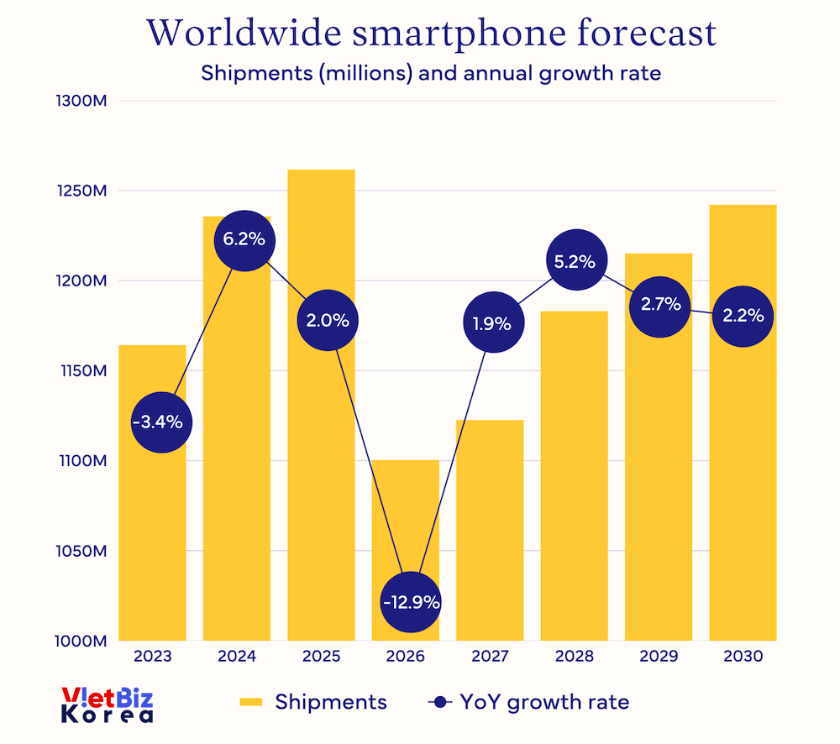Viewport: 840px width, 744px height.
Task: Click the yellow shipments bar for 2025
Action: [321, 470]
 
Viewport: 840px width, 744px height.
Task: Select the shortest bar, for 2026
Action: [406, 521]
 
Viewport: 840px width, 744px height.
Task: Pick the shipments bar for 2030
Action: [743, 470]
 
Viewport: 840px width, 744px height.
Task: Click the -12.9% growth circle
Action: [411, 602]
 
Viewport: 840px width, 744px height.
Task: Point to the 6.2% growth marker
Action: [244, 239]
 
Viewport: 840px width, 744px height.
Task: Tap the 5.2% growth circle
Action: [575, 261]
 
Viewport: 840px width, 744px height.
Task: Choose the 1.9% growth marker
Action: [493, 322]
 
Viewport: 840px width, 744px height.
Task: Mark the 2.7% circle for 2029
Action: [661, 305]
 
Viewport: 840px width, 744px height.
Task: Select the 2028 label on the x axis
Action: [574, 657]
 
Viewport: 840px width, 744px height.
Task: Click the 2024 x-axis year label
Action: [236, 657]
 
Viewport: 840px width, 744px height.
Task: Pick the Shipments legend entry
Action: [313, 702]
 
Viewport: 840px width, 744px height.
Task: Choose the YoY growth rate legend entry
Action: [528, 702]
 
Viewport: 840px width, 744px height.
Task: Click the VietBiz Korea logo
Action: [108, 705]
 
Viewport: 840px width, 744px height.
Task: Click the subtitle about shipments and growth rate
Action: [431, 73]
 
